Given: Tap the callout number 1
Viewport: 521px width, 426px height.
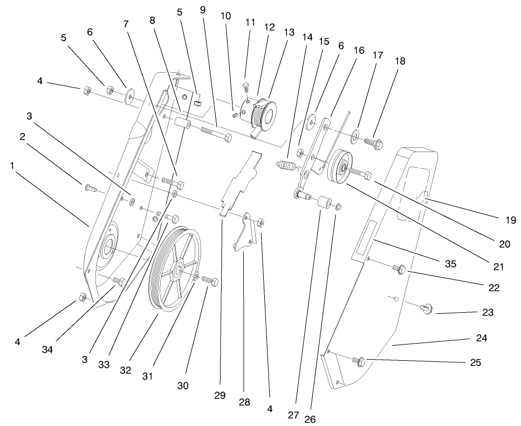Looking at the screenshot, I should tap(11, 166).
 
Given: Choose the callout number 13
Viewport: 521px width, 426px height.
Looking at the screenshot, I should tap(289, 32).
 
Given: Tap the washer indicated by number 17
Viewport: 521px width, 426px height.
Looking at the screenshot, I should tap(357, 133).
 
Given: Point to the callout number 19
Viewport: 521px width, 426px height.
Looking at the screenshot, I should tap(510, 219).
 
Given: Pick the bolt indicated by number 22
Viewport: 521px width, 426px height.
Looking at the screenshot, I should tap(399, 267).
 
